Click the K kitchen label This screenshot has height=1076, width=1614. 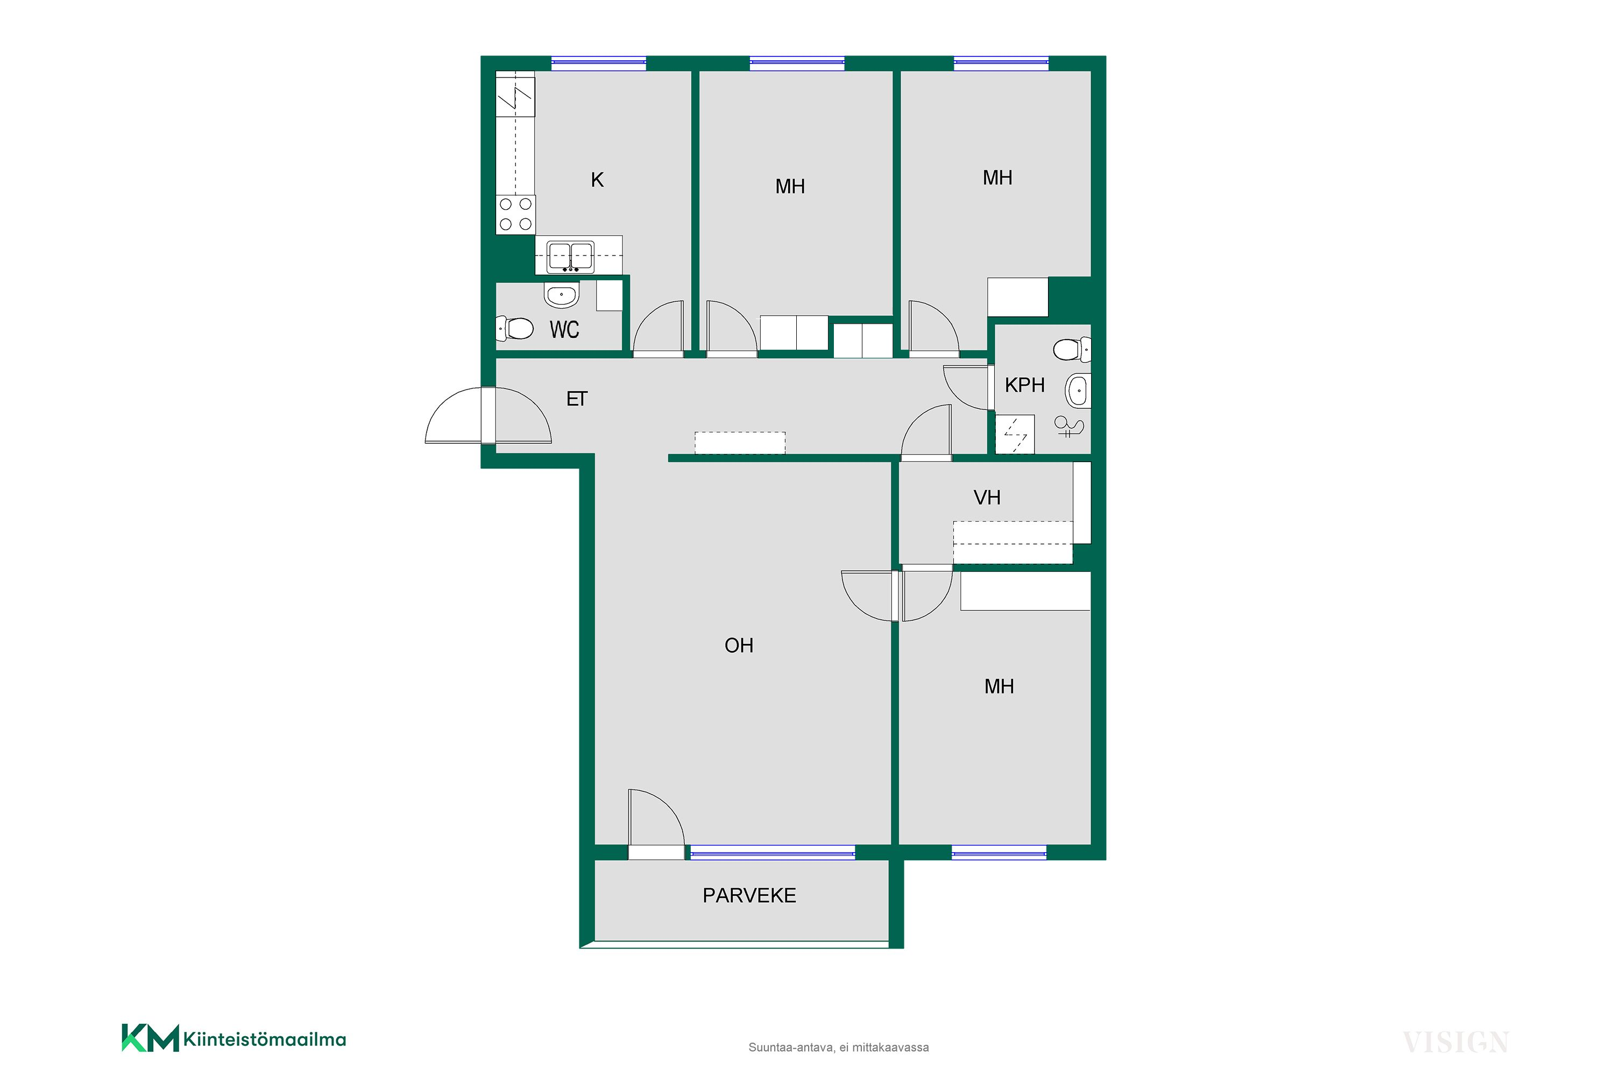[597, 180]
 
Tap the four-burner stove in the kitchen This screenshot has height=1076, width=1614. [515, 214]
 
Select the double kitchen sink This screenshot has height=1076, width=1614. [570, 257]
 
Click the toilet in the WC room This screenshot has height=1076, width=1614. [515, 329]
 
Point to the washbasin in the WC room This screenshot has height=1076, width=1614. [562, 295]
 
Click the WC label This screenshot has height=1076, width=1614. [564, 330]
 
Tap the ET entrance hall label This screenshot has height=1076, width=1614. [576, 399]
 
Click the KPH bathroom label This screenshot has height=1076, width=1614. [1024, 385]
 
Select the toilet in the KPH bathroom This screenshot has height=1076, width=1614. [1072, 349]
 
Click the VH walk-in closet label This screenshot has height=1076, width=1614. [987, 498]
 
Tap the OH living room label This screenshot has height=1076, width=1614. [739, 646]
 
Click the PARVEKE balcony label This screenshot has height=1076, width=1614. [749, 896]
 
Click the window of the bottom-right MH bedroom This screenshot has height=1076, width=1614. [999, 853]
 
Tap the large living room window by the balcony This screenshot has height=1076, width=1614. [773, 853]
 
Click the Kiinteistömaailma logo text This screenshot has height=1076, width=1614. [265, 1039]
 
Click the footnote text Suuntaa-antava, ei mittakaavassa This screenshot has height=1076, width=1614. [839, 1047]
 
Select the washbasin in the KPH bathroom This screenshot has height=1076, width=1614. [1078, 392]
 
